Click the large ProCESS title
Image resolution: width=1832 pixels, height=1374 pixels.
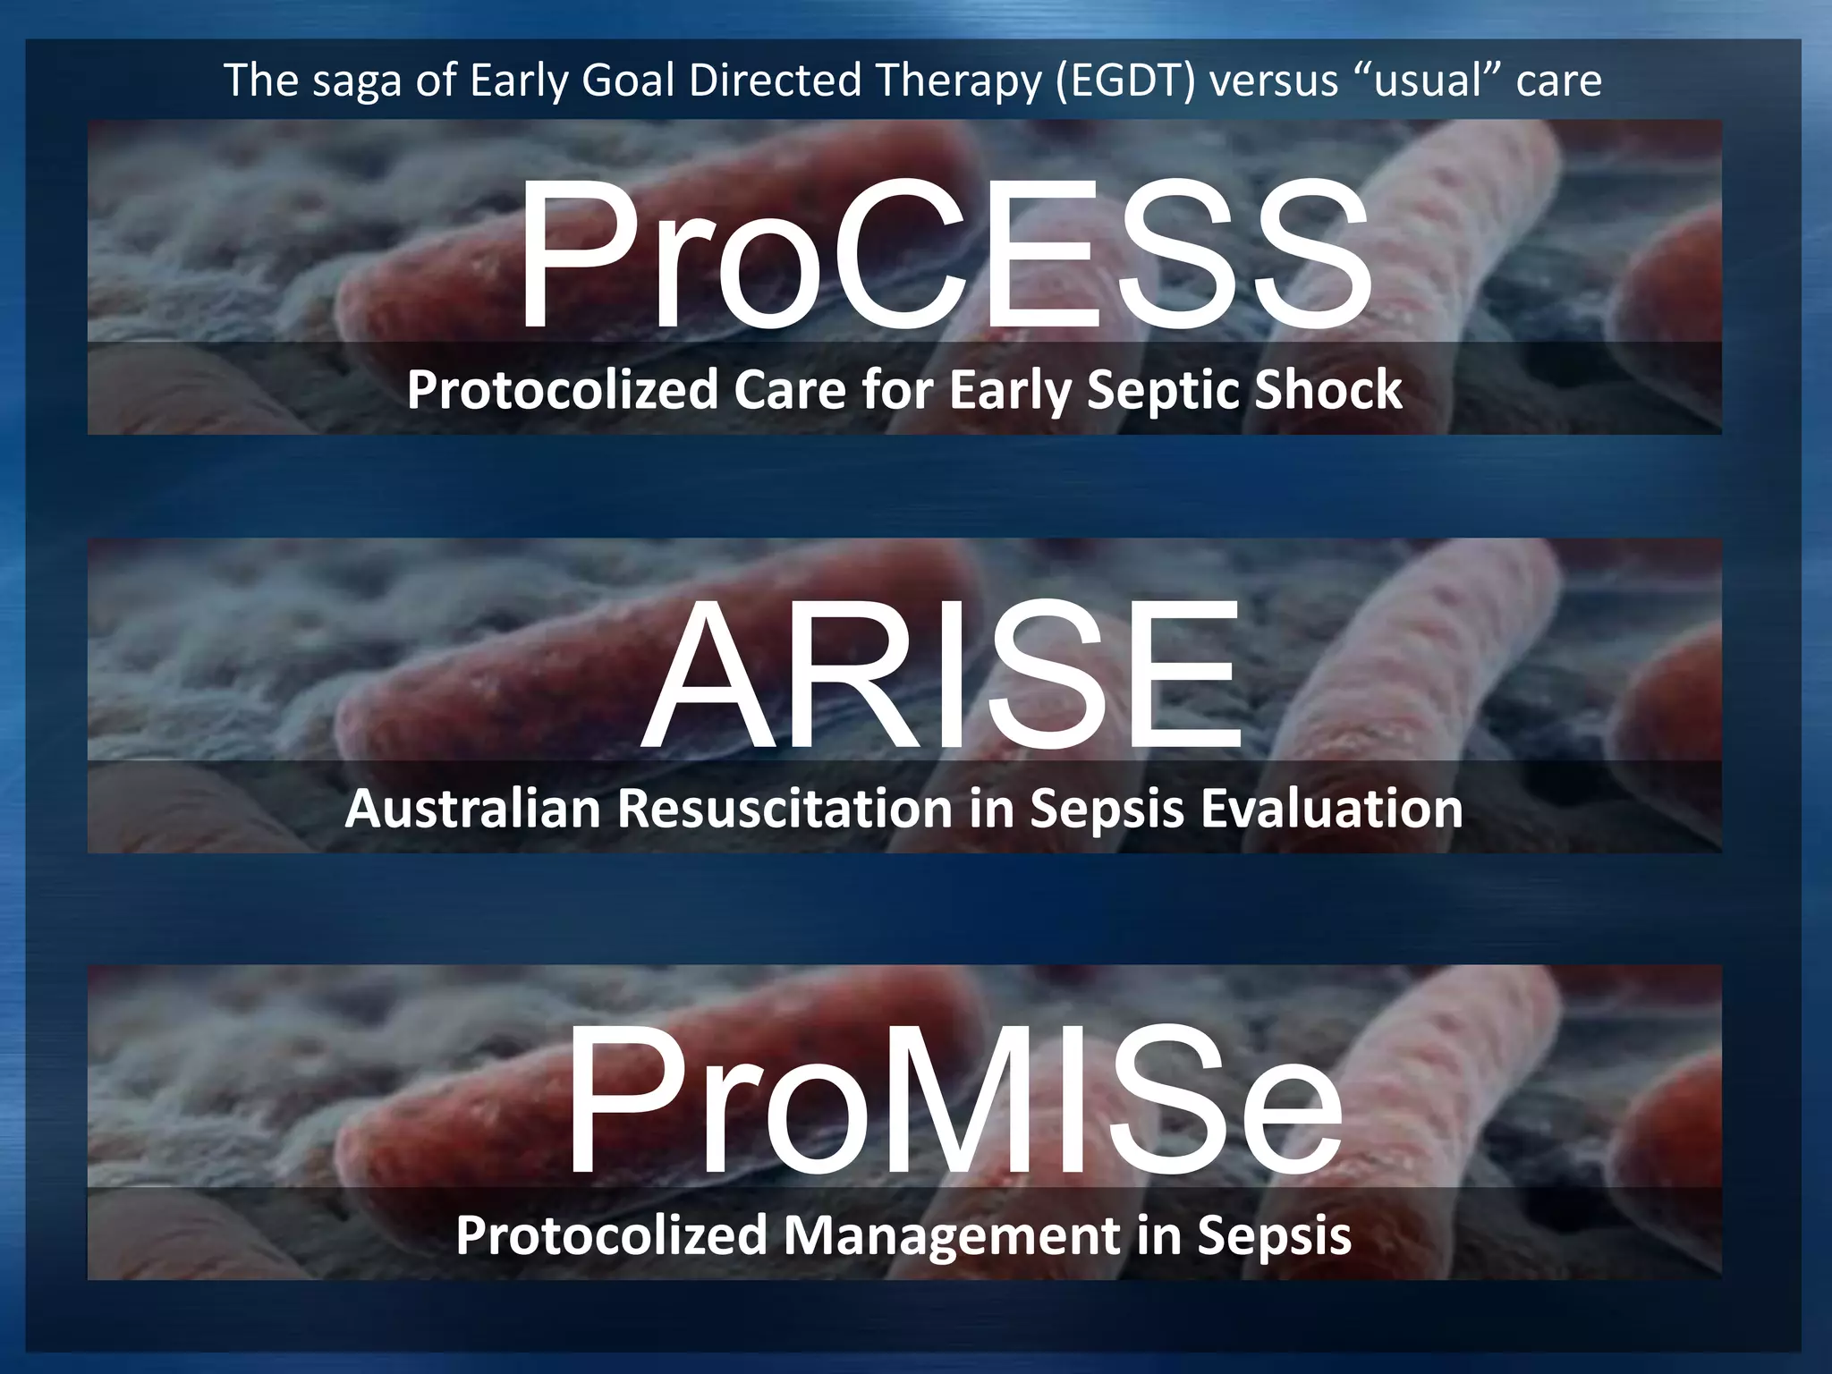(944, 255)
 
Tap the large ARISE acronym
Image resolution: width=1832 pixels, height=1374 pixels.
(942, 675)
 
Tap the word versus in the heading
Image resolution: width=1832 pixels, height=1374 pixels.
(1273, 81)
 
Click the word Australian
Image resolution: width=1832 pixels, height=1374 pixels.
(472, 809)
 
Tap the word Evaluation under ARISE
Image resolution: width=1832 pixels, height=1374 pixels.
(1331, 809)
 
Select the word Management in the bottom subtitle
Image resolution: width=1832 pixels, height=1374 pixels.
(952, 1236)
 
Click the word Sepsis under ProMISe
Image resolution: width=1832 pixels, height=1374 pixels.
(1274, 1236)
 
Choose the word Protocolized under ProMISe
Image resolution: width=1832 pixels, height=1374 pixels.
(611, 1236)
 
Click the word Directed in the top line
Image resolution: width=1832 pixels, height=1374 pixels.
(775, 81)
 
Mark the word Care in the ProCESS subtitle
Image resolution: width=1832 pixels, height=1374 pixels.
(790, 390)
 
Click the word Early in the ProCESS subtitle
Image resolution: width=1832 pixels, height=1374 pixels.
(1009, 392)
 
